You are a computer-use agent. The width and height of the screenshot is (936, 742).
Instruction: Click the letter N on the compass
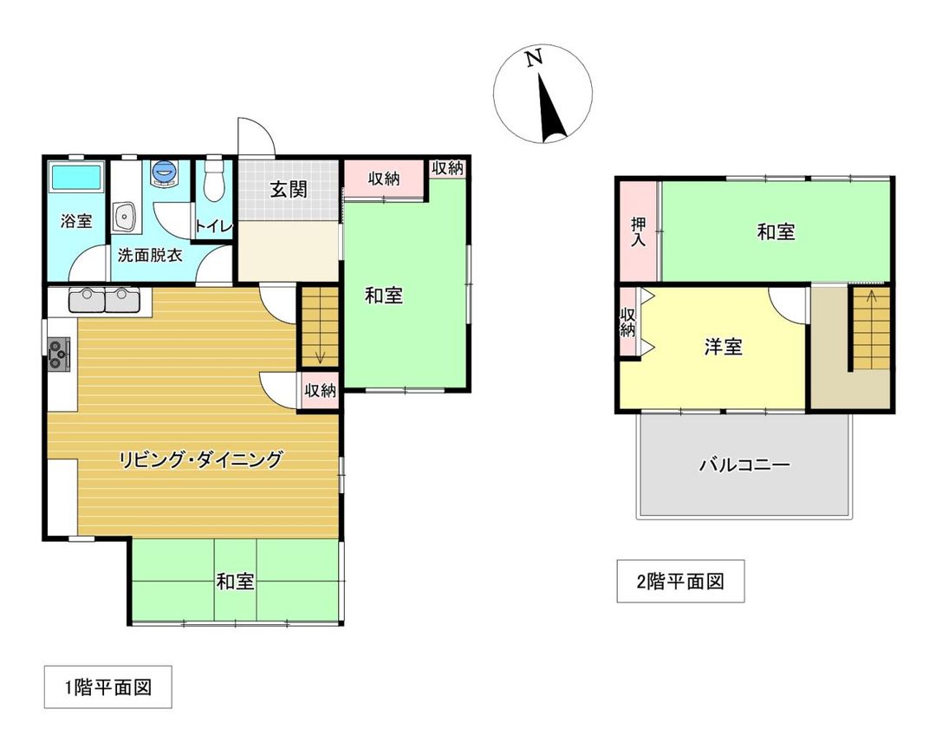pos(534,58)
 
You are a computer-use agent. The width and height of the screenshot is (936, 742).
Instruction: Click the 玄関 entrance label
pos(289,190)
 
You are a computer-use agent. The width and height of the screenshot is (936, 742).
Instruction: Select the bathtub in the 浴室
pos(76,177)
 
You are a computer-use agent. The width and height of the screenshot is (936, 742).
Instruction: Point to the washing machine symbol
pos(164,172)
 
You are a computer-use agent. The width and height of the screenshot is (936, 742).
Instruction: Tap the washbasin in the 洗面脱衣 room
pos(126,217)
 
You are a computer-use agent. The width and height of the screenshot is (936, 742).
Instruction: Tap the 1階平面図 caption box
pos(108,687)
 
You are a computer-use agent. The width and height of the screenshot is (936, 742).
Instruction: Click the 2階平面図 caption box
pos(680,582)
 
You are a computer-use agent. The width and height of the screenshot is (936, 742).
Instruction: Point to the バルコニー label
pos(744,465)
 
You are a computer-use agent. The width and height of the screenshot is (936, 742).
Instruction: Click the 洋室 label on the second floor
pos(722,347)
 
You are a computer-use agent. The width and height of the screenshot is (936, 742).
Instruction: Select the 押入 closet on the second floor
pos(638,231)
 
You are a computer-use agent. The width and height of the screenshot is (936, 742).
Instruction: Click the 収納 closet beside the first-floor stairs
pos(320,390)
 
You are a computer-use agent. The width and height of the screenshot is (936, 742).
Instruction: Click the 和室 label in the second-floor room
pos(776,231)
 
